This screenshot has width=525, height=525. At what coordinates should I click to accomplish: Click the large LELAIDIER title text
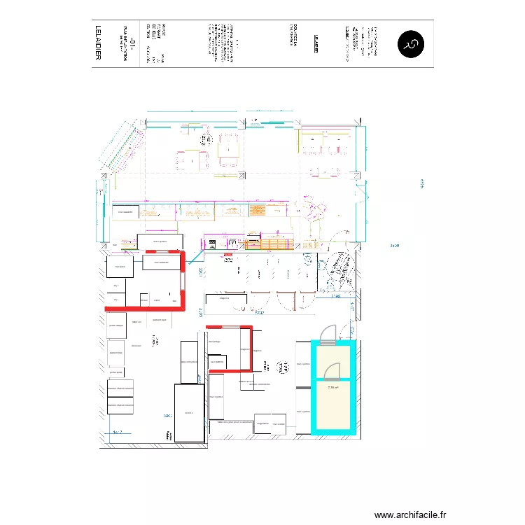click(x=97, y=44)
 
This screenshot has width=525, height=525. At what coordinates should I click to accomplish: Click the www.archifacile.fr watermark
click(x=410, y=515)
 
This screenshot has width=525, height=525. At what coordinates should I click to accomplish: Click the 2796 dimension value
click(x=336, y=296)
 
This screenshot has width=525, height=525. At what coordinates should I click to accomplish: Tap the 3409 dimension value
click(x=167, y=416)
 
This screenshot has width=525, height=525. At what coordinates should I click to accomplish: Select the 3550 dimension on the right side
click(x=395, y=246)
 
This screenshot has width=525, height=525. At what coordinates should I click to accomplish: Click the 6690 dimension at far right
click(x=423, y=184)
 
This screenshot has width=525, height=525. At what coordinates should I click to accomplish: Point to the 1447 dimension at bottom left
click(x=117, y=433)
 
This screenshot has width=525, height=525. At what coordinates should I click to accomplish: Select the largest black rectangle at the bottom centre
click(x=189, y=412)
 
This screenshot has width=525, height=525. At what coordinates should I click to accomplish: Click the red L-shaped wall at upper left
click(x=178, y=287)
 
